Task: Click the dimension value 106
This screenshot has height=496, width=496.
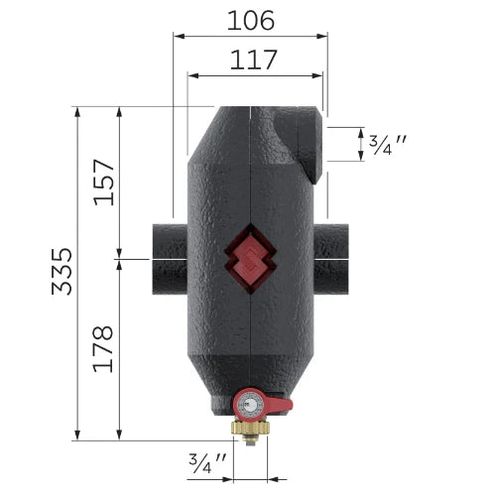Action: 251,21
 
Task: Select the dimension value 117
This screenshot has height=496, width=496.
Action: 253,60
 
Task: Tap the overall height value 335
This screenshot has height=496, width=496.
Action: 62,271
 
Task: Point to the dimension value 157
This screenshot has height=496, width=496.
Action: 104,183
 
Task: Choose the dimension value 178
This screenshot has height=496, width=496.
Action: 103,349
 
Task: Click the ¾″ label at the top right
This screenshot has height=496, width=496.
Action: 387,145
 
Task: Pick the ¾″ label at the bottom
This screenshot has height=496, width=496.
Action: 207,463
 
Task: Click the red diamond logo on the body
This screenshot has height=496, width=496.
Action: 250,259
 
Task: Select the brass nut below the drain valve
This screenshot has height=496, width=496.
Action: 251,429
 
